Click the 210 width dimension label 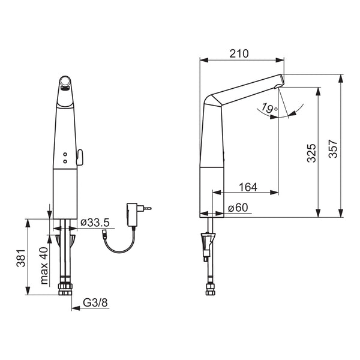click(239, 54)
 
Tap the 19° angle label click(269, 108)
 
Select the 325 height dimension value click(311, 153)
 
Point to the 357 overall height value click(332, 149)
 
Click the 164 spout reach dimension click(248, 187)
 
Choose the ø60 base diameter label click(238, 208)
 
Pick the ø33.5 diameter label click(95, 222)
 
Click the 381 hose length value click(20, 258)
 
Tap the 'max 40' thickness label click(44, 266)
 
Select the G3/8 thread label click(95, 303)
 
